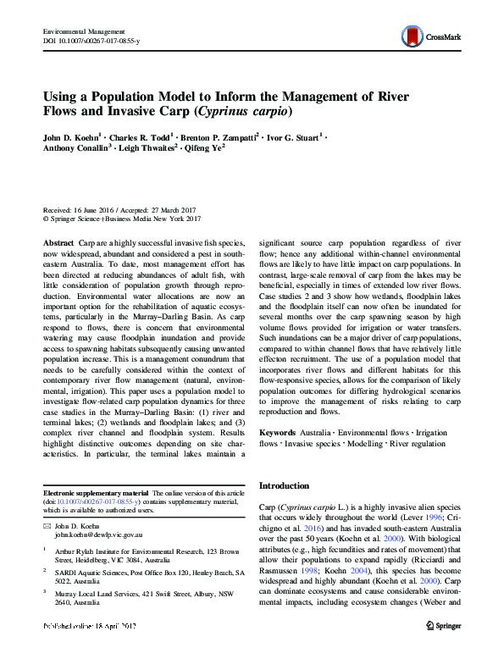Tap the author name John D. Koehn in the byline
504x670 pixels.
pyautogui.click(x=74, y=136)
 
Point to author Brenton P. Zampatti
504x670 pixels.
pyautogui.click(x=219, y=136)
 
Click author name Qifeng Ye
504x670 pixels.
pyautogui.click(x=205, y=147)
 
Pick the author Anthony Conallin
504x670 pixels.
pyautogui.click(x=76, y=147)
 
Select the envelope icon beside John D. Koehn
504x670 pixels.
pyautogui.click(x=48, y=526)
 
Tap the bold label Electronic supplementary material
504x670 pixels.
pyautogui.click(x=95, y=492)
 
